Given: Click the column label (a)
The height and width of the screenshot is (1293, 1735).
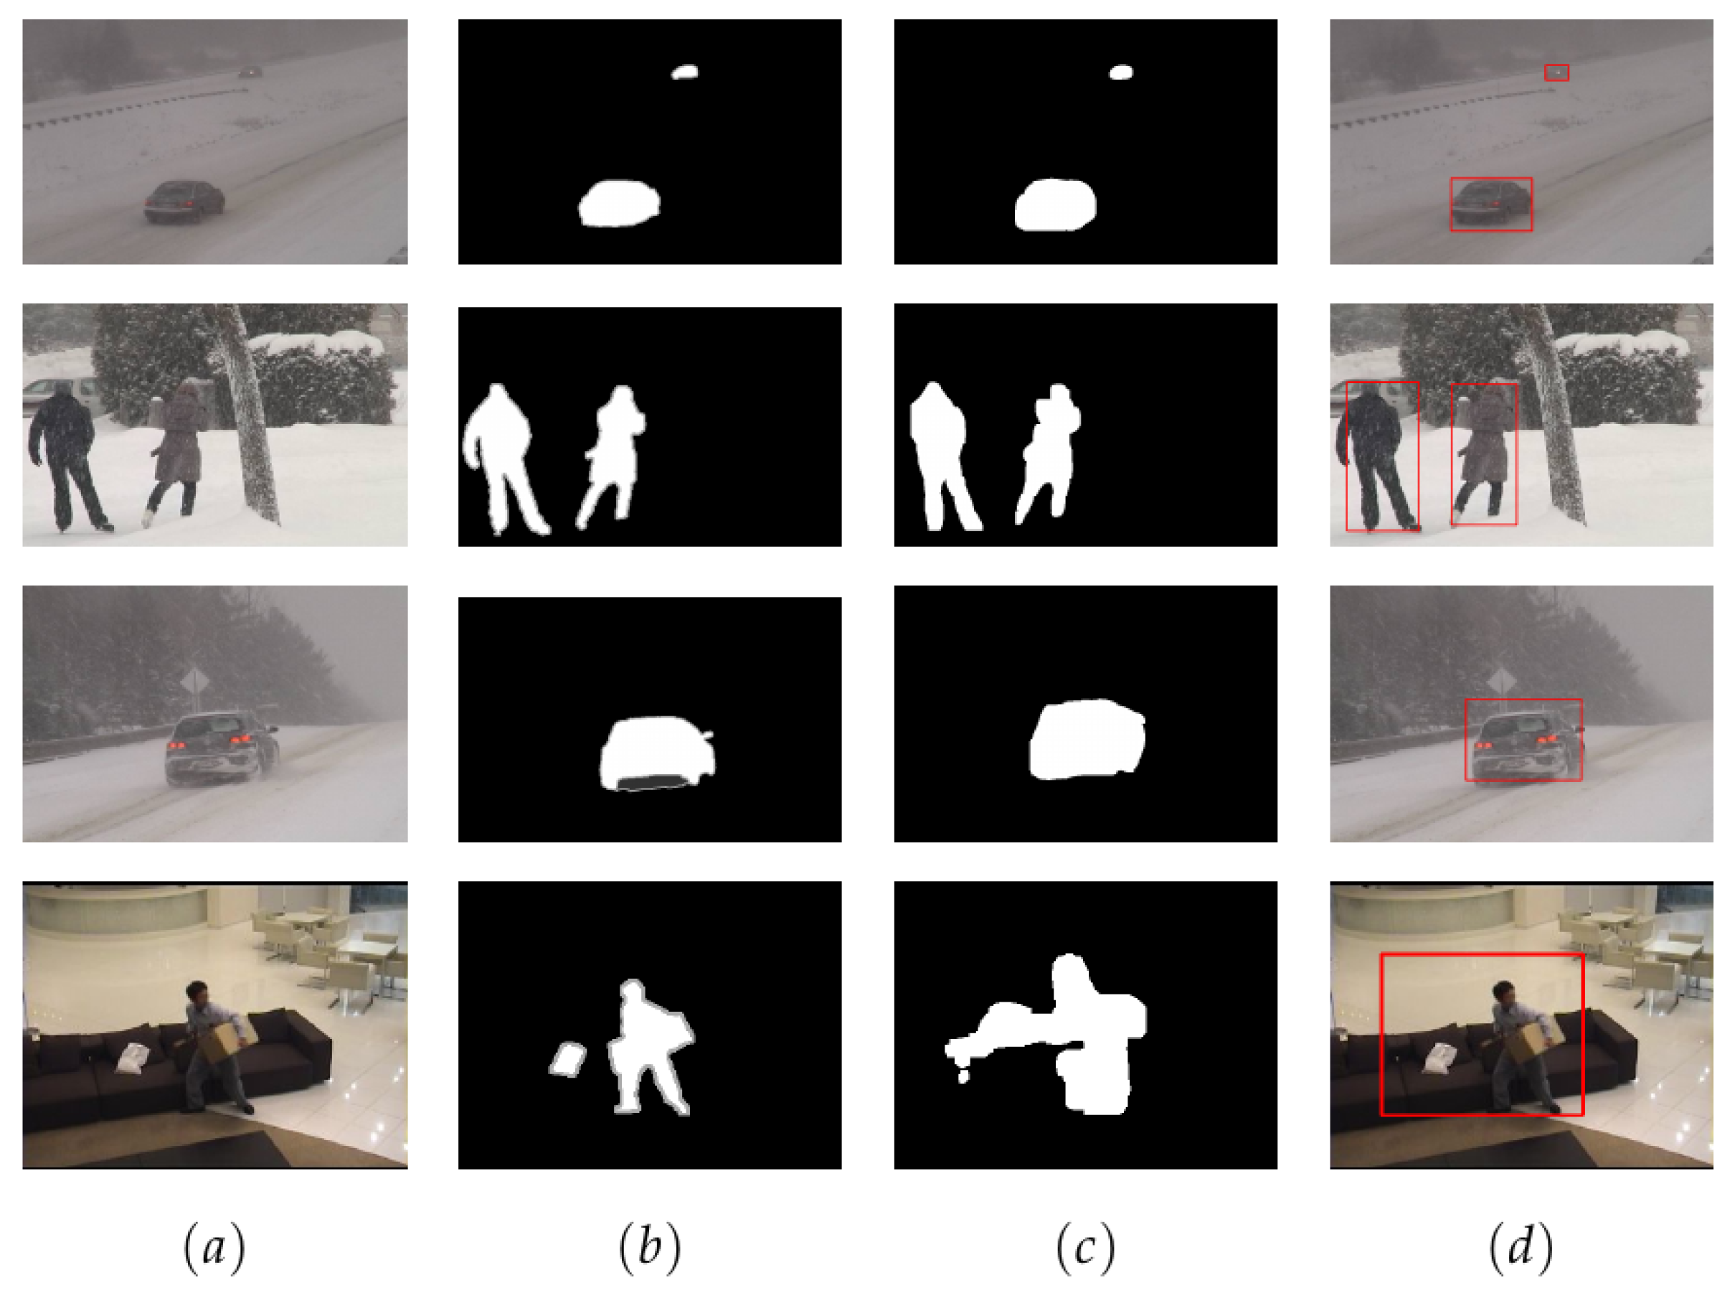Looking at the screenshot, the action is [x=214, y=1246].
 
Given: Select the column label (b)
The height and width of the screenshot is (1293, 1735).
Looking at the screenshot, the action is [x=650, y=1246].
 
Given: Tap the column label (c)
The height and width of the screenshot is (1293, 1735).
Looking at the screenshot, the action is [x=1085, y=1246].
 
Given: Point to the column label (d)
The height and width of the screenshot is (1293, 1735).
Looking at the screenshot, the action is [x=1521, y=1246].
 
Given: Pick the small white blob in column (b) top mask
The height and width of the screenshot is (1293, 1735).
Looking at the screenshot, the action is [x=684, y=72].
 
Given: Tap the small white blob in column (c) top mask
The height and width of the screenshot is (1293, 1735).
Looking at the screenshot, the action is [x=1121, y=72].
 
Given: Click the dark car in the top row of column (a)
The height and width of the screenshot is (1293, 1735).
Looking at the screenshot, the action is [x=184, y=201].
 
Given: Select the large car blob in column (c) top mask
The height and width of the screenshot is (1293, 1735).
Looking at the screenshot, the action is [x=1055, y=204].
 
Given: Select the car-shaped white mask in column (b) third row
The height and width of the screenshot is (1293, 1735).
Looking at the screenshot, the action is [x=657, y=753].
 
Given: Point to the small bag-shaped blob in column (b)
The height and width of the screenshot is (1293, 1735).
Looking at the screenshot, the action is [x=568, y=1060].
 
